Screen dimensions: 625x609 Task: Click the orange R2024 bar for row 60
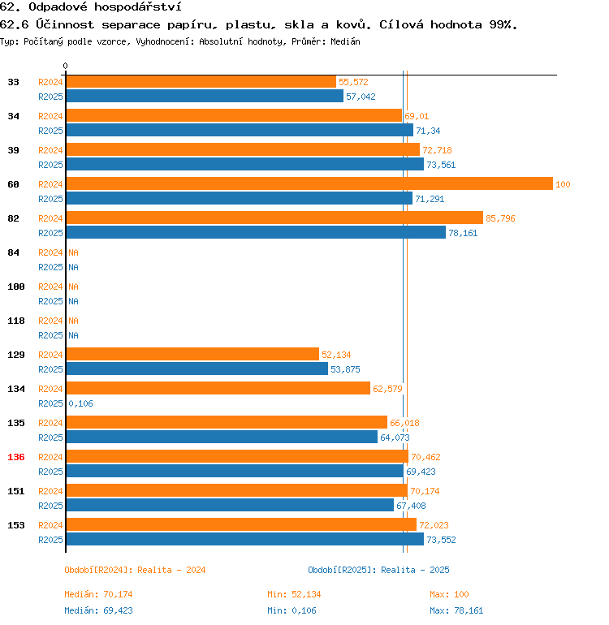pos(309,184)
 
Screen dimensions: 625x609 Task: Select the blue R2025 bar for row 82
pos(255,233)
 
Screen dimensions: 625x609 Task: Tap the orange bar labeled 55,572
pos(201,82)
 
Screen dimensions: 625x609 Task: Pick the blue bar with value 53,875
pos(197,369)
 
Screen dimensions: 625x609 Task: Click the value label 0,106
pos(80,403)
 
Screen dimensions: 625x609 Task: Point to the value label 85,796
pos(500,218)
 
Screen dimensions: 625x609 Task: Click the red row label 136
pos(16,457)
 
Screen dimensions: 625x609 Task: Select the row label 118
pos(16,321)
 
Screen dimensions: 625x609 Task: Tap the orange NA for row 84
pos(73,252)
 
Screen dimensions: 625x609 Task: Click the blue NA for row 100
pos(73,301)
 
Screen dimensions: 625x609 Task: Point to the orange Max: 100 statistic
pos(449,595)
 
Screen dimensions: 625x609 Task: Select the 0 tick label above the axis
pos(66,67)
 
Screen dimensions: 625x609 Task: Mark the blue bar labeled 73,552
pos(244,540)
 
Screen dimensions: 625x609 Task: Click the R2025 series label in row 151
pos(50,506)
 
